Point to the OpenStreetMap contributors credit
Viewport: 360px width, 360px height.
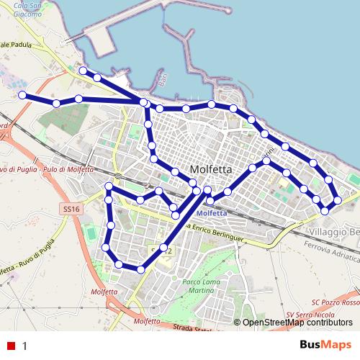coord(297,323)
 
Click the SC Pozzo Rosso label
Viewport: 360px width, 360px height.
coord(335,302)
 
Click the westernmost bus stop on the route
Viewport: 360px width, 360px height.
coord(22,95)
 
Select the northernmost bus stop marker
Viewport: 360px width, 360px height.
coord(83,70)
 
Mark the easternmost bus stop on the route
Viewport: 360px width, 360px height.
coord(337,198)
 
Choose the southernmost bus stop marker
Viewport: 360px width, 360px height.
coord(140,269)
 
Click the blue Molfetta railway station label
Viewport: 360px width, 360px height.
coord(212,214)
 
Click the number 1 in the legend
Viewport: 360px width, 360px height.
coord(25,345)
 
